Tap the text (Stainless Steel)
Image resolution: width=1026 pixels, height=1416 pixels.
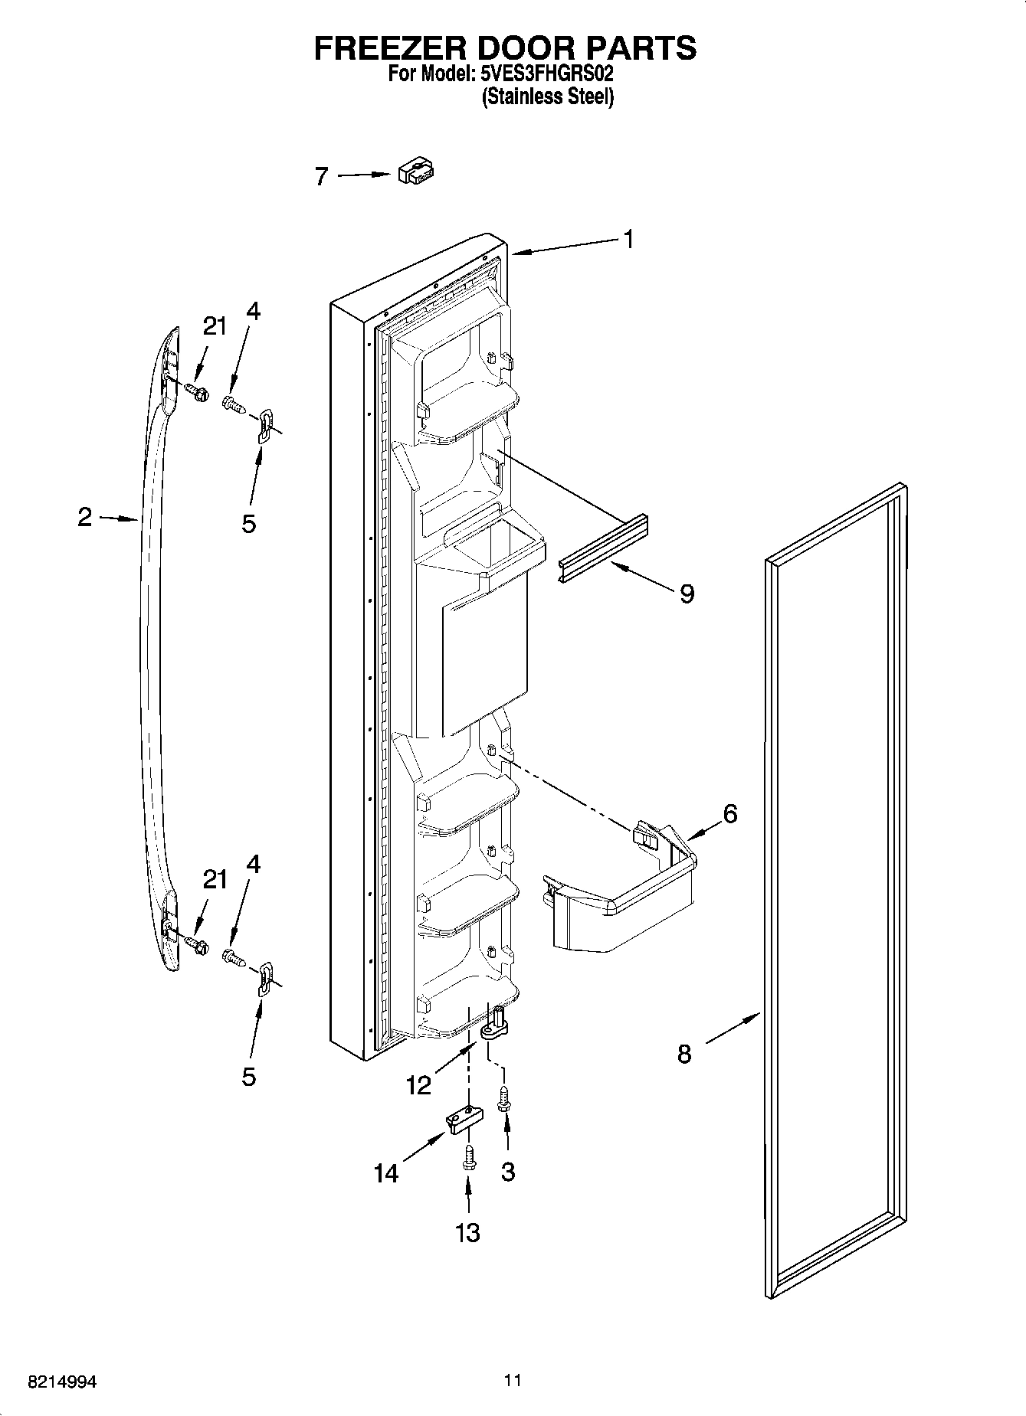[x=548, y=97]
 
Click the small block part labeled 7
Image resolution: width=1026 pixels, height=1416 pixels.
[x=416, y=172]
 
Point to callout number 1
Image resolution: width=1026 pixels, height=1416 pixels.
[x=628, y=240]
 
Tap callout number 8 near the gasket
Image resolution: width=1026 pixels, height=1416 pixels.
[x=684, y=1054]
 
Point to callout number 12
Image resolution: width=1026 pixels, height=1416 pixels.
[x=419, y=1084]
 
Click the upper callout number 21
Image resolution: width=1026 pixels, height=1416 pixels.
[x=215, y=326]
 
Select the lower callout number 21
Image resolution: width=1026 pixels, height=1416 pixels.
[x=215, y=879]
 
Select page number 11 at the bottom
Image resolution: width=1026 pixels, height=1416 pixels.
[x=513, y=1381]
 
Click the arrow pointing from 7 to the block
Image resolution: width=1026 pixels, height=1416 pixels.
[x=363, y=175]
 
